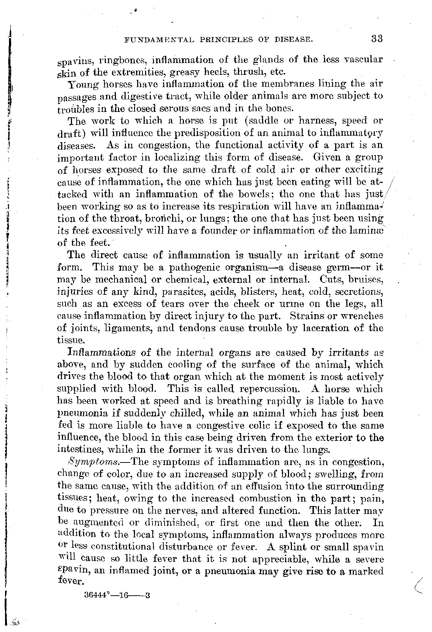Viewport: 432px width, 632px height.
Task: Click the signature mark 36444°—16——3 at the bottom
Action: tap(116, 595)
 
